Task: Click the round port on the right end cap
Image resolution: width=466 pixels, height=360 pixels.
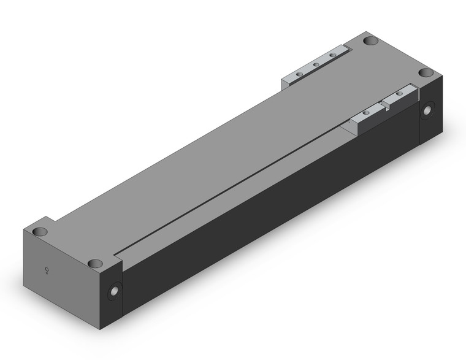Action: pos(427,110)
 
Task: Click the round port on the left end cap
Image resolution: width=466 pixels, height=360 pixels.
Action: pos(113,292)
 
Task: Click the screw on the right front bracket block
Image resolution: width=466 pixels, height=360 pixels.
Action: pos(400,94)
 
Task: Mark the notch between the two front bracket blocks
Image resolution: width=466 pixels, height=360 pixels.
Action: pos(386,107)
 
